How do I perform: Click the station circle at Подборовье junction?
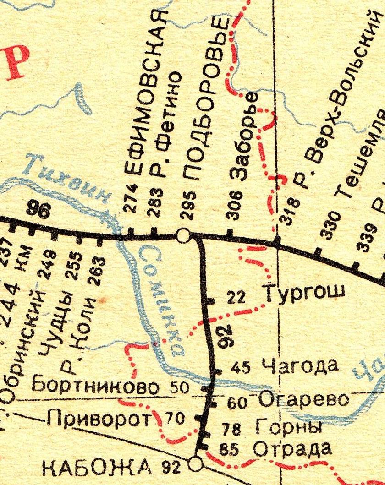click(183, 235)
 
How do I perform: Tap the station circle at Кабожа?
click(196, 464)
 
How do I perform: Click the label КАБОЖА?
click(97, 467)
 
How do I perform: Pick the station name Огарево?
click(303, 400)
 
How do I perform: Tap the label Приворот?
click(100, 417)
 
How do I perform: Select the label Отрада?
click(292, 448)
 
